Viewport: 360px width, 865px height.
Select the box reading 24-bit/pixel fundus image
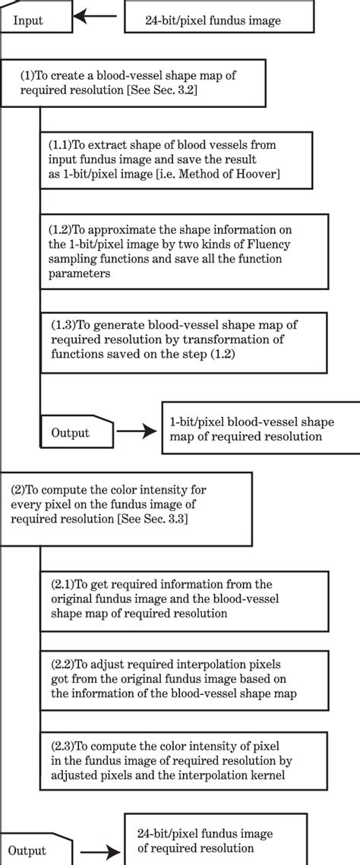[212, 20]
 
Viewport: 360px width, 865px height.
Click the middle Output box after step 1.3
[75, 431]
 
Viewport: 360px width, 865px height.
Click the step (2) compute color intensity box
[125, 509]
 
